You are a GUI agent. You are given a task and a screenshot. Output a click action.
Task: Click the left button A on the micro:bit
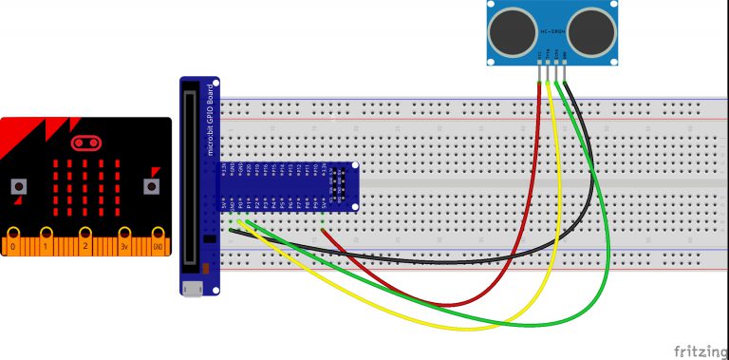(18, 187)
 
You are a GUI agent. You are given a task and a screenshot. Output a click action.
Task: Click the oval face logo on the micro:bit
(85, 143)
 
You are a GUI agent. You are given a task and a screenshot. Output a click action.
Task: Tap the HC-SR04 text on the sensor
(553, 32)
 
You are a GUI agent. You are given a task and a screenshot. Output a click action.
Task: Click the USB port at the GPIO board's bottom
(193, 287)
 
